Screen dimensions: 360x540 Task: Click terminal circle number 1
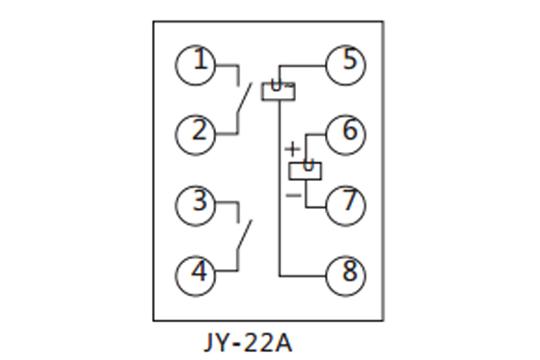point(195,64)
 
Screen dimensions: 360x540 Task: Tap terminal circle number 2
point(195,132)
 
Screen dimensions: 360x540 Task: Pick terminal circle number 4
point(195,271)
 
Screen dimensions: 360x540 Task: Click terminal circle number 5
point(346,64)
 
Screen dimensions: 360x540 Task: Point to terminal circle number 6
point(346,132)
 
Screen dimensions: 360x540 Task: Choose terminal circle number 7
point(346,203)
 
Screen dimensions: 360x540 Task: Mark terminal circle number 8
point(346,271)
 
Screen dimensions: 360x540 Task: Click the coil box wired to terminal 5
point(278,90)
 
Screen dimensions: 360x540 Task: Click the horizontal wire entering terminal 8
point(303,272)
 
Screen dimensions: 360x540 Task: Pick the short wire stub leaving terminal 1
point(228,65)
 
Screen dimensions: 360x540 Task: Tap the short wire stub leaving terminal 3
point(228,202)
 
